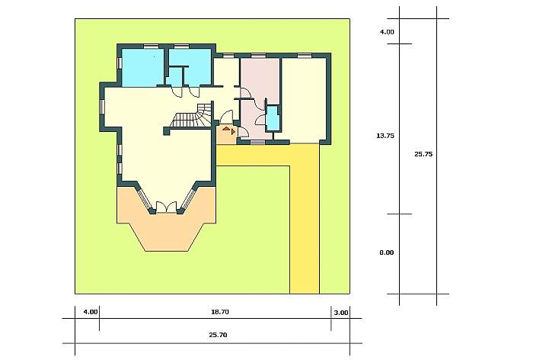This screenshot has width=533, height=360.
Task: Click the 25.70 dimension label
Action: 218,335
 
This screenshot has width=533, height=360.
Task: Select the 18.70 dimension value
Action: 220,312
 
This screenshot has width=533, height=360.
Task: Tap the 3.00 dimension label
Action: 341,313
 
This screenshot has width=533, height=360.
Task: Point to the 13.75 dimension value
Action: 385,136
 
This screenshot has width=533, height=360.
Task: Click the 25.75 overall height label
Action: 423,154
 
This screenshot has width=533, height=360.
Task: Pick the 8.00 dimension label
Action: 387,252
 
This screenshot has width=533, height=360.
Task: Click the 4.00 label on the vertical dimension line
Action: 387,32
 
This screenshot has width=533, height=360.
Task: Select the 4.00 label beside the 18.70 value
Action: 91,312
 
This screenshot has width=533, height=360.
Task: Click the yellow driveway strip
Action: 305,218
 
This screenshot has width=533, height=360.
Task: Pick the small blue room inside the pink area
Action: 273,118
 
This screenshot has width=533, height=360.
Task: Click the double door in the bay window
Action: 166,207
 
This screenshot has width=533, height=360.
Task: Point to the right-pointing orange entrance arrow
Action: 234,131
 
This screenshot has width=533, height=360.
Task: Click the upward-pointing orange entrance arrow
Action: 226,129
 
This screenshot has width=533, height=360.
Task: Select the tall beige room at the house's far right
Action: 304,101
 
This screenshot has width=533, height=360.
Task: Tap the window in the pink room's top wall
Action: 258,55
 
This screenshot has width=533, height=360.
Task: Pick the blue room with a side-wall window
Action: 143,67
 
